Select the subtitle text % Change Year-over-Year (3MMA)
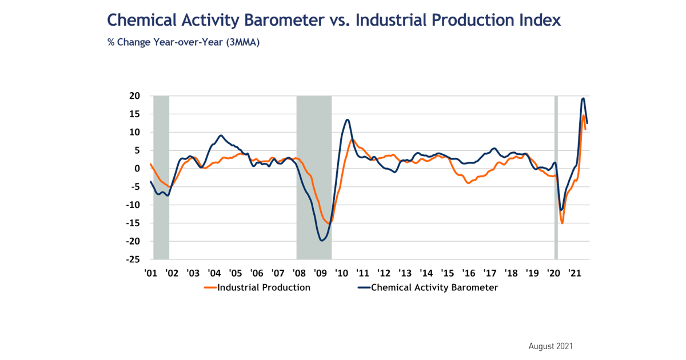tap(184, 42)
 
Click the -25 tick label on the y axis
tap(133, 259)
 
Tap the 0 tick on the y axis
tap(138, 169)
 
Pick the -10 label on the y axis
tap(133, 205)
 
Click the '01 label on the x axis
tap(150, 273)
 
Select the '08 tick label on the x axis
tap(299, 273)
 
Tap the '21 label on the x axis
tap(575, 273)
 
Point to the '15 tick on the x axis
tap(447, 273)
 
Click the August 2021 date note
tap(551, 346)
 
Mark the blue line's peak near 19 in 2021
tap(583, 98)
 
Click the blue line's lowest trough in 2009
tap(322, 241)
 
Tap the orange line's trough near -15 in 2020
tap(562, 223)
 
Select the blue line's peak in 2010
tap(347, 119)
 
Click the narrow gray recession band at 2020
tap(556, 177)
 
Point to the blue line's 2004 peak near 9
tap(221, 135)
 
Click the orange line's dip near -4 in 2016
tap(468, 183)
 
